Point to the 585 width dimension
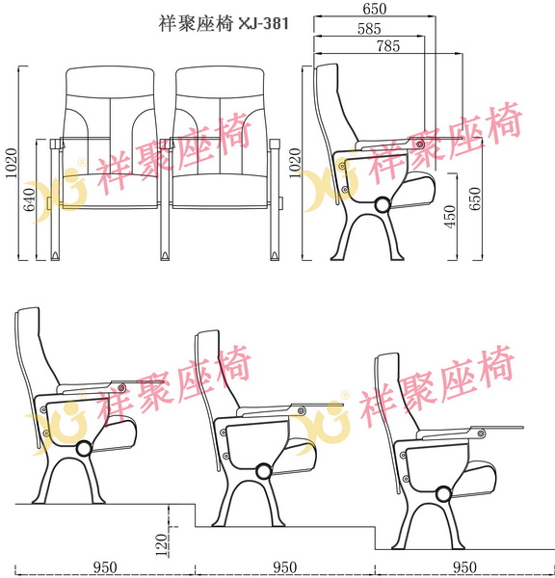(x=367, y=29)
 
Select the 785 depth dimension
(x=387, y=45)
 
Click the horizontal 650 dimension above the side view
(x=376, y=9)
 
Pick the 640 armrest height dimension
(x=29, y=200)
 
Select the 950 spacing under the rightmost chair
(x=464, y=567)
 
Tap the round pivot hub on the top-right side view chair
(x=382, y=204)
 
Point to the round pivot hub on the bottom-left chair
(x=83, y=448)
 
